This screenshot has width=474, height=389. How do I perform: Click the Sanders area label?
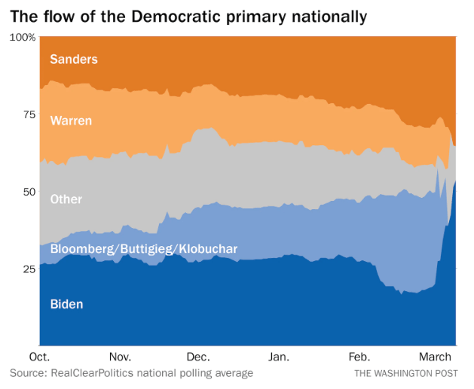[73, 59]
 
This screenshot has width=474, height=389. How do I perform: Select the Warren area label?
[72, 120]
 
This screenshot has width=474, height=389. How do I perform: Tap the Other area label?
[66, 199]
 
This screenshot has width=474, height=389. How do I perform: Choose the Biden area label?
[66, 304]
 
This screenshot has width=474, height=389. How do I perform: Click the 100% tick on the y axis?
[23, 37]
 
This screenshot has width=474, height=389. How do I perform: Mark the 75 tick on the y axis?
[28, 114]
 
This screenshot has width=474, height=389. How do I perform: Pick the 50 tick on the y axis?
[28, 192]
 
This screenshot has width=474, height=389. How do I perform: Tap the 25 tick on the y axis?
[28, 269]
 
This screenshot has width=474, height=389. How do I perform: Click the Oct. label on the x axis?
[39, 357]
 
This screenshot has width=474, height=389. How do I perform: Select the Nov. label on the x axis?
[121, 357]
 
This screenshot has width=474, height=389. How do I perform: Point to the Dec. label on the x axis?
[198, 357]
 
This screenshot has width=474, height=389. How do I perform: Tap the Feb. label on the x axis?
[359, 357]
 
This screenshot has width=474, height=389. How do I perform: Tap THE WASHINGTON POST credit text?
[405, 373]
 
